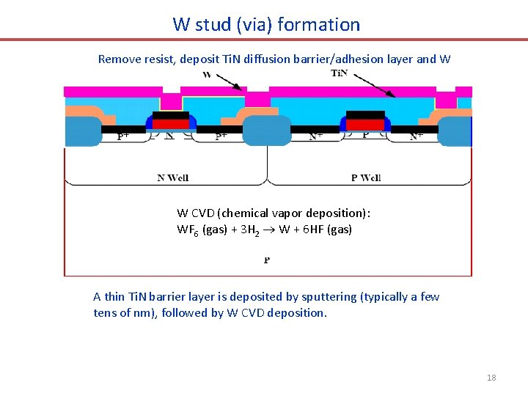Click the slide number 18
click(x=491, y=378)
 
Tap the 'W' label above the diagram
click(x=207, y=75)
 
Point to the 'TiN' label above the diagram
click(x=340, y=73)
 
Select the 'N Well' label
click(x=173, y=177)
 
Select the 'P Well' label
click(x=366, y=177)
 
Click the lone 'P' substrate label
click(x=267, y=260)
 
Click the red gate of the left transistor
click(x=171, y=124)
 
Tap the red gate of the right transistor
click(x=365, y=124)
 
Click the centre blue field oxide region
click(x=267, y=131)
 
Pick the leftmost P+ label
click(x=125, y=136)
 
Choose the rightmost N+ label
click(x=416, y=136)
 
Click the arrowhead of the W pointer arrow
click(x=243, y=89)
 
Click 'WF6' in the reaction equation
click(x=187, y=230)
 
